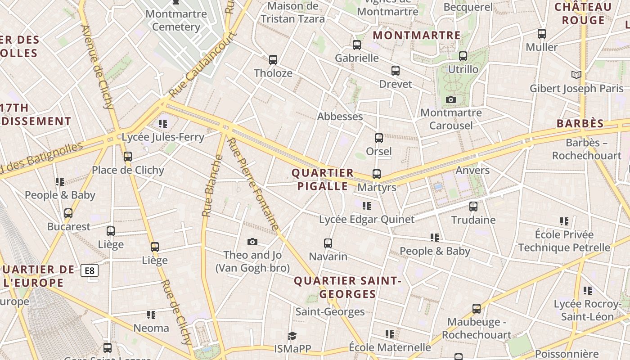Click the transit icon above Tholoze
(x=273, y=59)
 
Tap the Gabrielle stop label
(x=357, y=58)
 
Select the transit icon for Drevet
(x=395, y=71)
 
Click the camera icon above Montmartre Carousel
(x=450, y=99)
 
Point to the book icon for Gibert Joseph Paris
(x=576, y=75)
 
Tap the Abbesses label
(x=340, y=117)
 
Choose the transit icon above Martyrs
(x=376, y=174)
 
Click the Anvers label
(x=472, y=170)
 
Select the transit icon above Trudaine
(x=473, y=207)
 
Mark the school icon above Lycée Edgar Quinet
(x=366, y=206)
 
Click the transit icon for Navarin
(x=328, y=243)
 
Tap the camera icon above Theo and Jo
(x=252, y=242)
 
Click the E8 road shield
(x=90, y=270)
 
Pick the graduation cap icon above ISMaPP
(x=292, y=336)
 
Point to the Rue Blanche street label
(x=212, y=186)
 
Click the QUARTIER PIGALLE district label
(x=323, y=180)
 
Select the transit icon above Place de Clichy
(x=128, y=157)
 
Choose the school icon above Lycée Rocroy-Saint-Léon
(x=587, y=291)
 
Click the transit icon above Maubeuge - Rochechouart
(x=477, y=309)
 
